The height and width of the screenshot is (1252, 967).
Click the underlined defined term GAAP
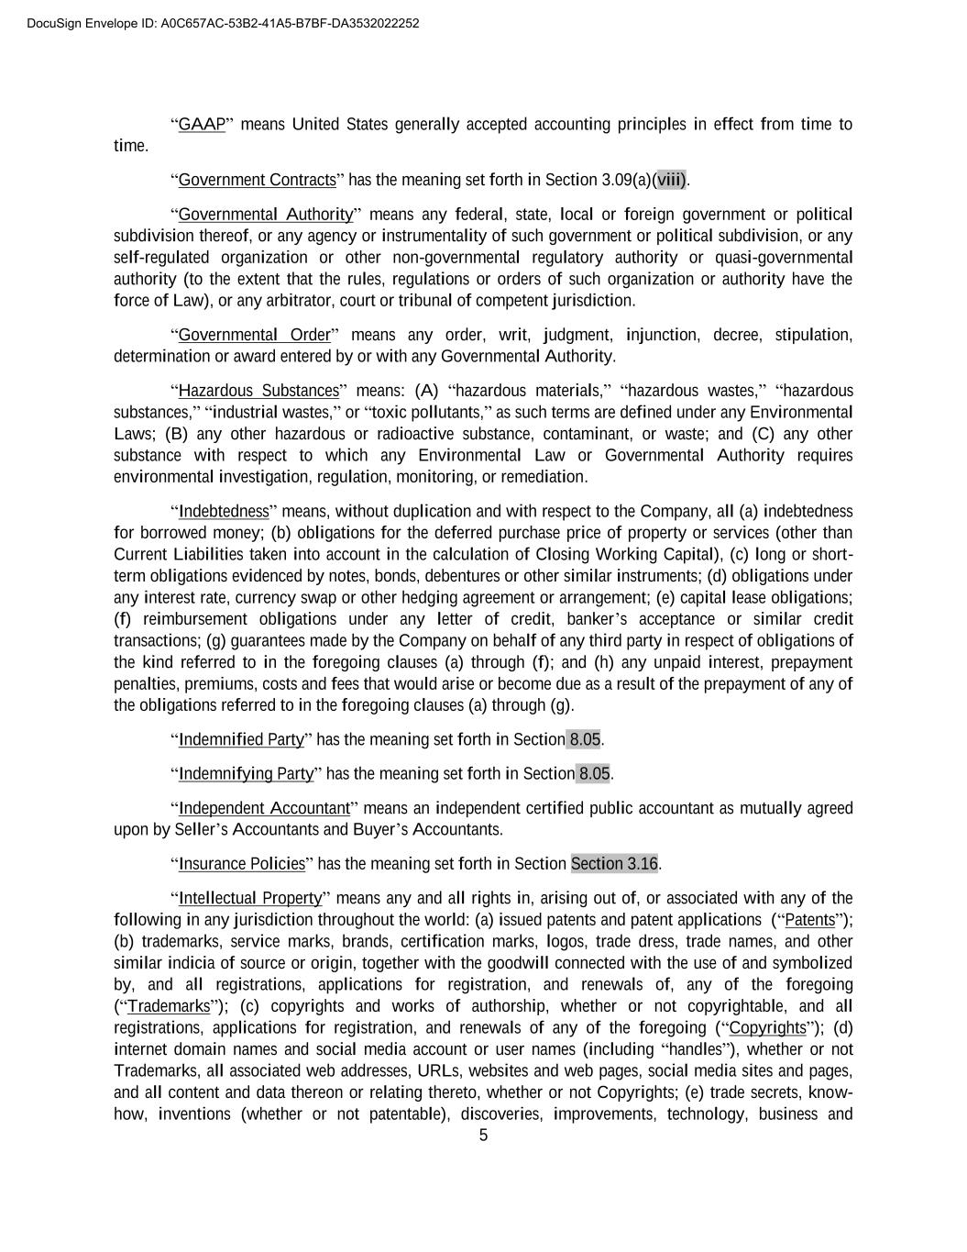click(202, 125)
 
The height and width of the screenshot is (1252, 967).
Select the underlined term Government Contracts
click(257, 180)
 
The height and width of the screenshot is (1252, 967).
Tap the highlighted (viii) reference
click(671, 180)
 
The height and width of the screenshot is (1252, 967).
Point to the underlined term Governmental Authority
click(265, 215)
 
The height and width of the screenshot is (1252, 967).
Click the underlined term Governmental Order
click(254, 335)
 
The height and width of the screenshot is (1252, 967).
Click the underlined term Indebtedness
click(224, 511)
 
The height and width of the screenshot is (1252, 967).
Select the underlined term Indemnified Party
click(241, 739)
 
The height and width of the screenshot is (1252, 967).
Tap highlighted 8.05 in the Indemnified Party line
click(585, 739)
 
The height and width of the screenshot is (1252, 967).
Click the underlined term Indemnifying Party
click(246, 773)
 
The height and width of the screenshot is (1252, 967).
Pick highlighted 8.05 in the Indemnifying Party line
click(594, 773)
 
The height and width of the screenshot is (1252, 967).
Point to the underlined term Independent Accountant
click(264, 808)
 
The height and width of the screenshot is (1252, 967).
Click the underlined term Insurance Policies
click(241, 863)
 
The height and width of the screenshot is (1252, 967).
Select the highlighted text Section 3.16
click(614, 863)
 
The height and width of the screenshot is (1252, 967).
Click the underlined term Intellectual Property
click(250, 898)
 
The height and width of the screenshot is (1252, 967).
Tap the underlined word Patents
click(810, 919)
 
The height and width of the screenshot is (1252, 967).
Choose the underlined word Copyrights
click(767, 1027)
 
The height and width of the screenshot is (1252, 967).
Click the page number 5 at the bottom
click(483, 1136)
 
